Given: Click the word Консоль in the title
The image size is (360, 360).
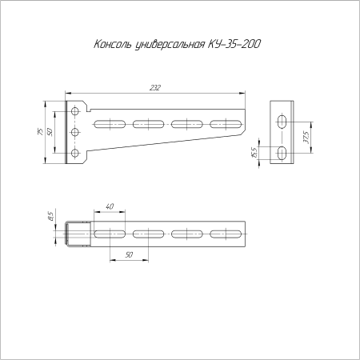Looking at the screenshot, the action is point(113,44).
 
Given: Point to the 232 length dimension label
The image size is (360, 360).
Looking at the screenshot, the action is point(155,87).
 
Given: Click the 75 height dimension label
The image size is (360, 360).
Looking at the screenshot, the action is point(40,132).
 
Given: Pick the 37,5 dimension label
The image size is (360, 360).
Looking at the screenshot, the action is point(306,138).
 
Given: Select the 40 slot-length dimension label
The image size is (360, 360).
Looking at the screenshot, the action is point(110,206).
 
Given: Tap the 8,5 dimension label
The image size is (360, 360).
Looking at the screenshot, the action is point(50,215).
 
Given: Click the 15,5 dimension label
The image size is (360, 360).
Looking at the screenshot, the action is point(254,153).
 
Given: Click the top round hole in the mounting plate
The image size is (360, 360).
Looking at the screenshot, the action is point(75,111).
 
